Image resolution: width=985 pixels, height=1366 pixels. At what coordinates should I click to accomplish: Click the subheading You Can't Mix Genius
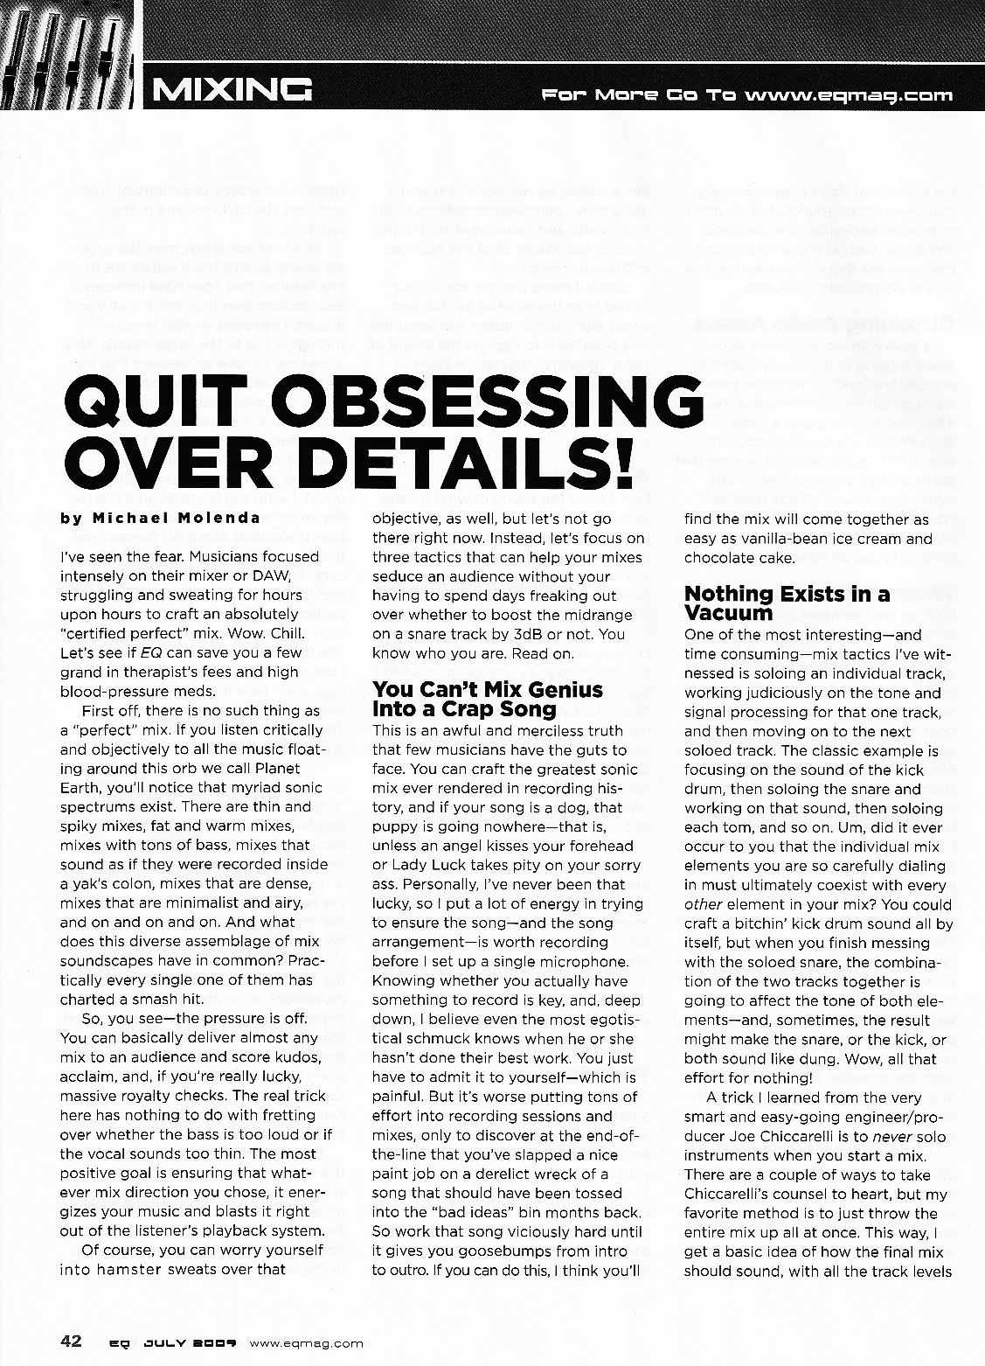point(488,690)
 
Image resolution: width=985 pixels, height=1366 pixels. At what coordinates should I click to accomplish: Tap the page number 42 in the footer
point(71,1340)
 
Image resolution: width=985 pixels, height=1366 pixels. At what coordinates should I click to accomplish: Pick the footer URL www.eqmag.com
point(306,1342)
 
